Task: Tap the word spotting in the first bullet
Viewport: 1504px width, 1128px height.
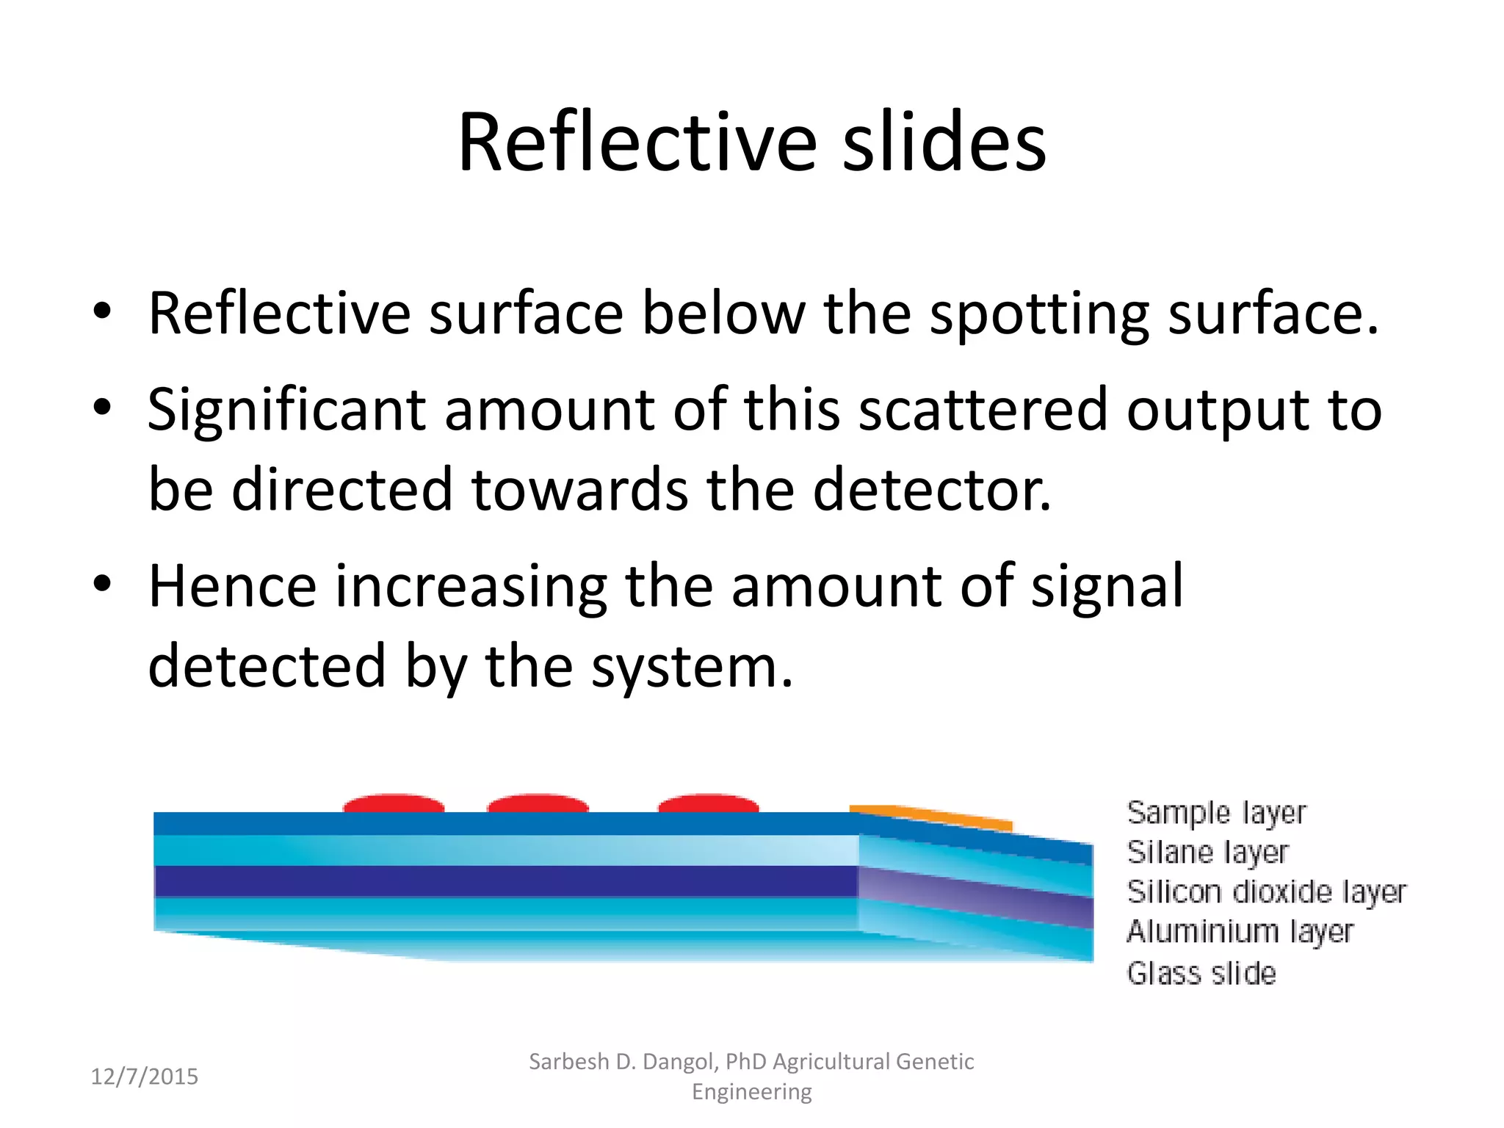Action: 1038,314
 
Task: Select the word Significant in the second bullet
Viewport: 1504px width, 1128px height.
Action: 286,410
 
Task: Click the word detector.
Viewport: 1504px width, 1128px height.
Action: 932,490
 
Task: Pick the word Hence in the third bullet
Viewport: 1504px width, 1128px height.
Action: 232,586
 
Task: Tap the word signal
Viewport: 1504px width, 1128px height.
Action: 1107,586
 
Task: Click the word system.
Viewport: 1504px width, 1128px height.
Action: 692,667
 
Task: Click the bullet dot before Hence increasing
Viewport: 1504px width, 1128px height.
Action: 102,585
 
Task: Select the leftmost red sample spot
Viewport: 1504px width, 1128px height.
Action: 394,803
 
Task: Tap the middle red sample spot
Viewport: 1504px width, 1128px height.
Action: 538,803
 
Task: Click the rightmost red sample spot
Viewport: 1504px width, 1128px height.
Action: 708,803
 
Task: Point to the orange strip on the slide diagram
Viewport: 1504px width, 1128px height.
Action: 931,816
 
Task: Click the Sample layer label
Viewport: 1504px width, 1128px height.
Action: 1216,813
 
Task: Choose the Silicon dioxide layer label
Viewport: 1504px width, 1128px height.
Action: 1266,892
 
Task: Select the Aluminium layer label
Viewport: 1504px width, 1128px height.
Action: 1240,931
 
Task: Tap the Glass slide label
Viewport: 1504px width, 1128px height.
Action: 1201,973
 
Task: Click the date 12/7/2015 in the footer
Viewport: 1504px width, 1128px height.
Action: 144,1077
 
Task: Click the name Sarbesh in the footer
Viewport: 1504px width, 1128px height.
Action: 568,1062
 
